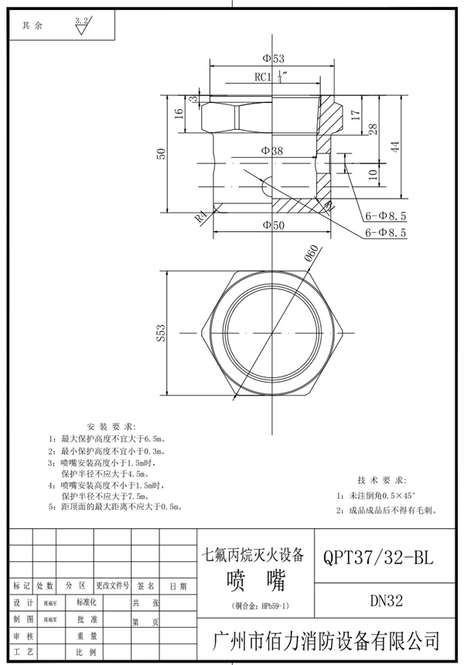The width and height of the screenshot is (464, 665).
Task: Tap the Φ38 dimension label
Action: coord(271,151)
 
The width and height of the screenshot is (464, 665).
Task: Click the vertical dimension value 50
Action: coord(161,153)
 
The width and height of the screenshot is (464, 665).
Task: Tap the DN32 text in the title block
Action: coord(379,599)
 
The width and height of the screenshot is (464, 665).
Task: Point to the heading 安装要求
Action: coord(111,427)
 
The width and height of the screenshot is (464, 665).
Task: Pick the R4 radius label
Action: coord(200,217)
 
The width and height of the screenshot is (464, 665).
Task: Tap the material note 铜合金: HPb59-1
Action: coord(255,605)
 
